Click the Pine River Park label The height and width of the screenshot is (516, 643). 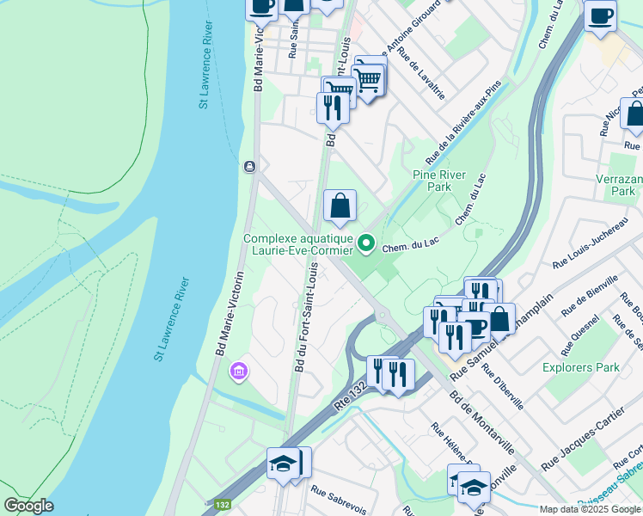438,180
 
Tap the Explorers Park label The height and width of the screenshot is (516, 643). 581,367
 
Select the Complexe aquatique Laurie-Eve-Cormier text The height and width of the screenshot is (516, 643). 298,245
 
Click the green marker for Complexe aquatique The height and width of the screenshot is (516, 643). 366,245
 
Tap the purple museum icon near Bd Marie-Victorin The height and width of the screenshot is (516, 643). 237,372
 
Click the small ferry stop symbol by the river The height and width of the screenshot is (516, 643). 250,166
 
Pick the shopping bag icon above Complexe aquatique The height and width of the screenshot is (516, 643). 340,206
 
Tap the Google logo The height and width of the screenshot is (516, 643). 28,506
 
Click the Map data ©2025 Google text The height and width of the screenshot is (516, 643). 590,509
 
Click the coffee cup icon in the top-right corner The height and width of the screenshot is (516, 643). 600,16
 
